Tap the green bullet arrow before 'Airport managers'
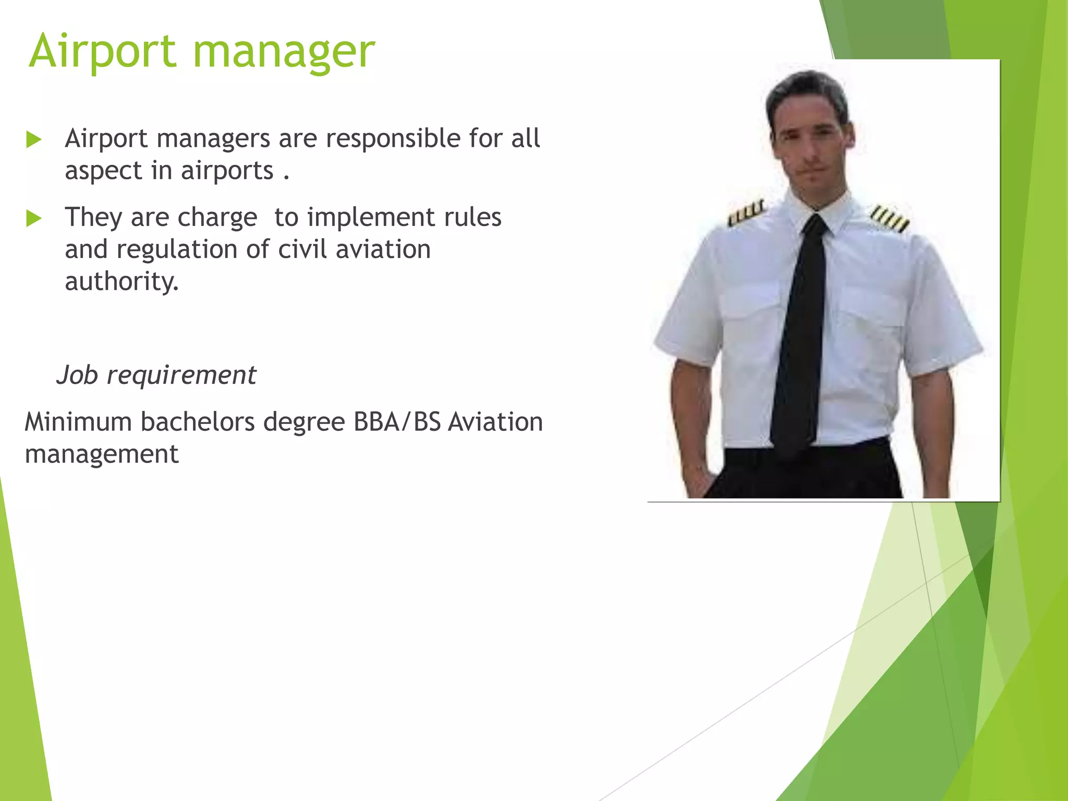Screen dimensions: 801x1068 pos(34,140)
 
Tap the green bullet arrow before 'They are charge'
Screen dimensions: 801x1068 pos(34,219)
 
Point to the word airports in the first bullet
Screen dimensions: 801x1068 pos(227,171)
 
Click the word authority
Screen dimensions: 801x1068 pos(122,282)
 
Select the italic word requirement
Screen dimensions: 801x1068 pos(181,375)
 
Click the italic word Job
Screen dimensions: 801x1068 pos(78,375)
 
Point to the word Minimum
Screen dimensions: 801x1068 pos(78,422)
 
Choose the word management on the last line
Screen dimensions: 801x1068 pos(102,454)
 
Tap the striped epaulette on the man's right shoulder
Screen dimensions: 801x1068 pos(746,214)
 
